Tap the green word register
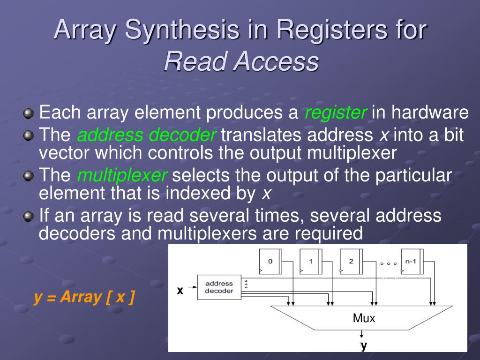(x=336, y=113)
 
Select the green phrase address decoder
(x=146, y=135)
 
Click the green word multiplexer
(x=122, y=176)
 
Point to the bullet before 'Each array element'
(x=29, y=113)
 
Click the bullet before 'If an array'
(x=29, y=216)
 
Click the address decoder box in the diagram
(x=219, y=287)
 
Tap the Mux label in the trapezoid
(x=364, y=319)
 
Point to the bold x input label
(x=180, y=291)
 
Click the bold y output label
(x=363, y=345)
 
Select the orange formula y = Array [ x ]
(x=84, y=297)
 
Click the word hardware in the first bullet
(x=430, y=113)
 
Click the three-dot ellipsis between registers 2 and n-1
(x=389, y=263)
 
